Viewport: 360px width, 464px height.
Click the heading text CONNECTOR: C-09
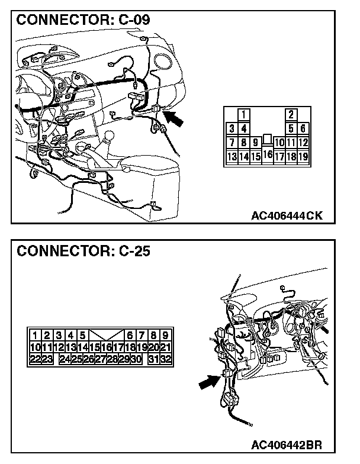[x=83, y=20]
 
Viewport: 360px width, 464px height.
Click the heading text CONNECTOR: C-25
[x=83, y=250]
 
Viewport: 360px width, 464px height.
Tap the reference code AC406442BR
[x=287, y=444]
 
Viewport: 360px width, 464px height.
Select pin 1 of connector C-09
[x=243, y=114]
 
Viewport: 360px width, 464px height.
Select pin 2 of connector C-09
[x=291, y=114]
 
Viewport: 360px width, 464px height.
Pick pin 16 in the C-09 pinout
[x=268, y=155]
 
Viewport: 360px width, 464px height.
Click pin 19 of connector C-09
[x=303, y=157]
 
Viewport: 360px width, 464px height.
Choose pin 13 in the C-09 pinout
[x=232, y=157]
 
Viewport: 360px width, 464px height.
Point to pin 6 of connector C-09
[x=303, y=128]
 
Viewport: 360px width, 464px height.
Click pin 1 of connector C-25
[x=36, y=334]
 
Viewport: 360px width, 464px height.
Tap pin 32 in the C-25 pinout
[x=165, y=359]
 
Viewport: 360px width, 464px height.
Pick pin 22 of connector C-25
[x=35, y=359]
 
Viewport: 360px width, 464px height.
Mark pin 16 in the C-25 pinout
[x=106, y=347]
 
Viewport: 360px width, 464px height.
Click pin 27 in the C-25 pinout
[x=100, y=359]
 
